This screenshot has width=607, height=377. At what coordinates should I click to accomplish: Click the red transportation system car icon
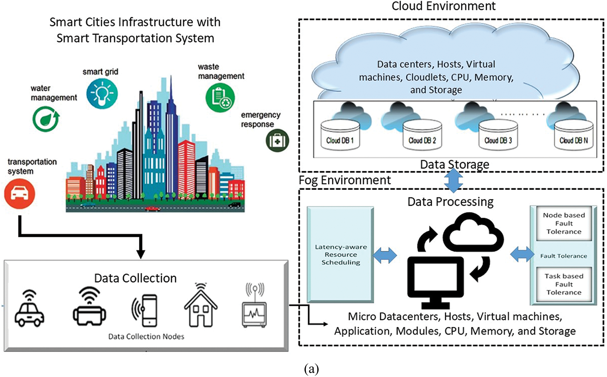click(x=19, y=193)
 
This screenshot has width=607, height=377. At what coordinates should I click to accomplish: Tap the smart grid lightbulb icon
click(x=102, y=94)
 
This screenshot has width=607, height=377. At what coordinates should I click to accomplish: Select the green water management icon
click(x=45, y=119)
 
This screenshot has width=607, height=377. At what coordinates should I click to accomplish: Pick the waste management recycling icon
click(x=220, y=98)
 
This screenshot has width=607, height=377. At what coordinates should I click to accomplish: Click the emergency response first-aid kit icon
click(x=277, y=141)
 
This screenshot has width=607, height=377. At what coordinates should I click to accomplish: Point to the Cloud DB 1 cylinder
click(x=340, y=135)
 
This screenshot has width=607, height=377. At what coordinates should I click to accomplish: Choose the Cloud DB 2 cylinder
click(x=422, y=135)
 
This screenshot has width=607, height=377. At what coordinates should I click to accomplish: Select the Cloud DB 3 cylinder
click(x=498, y=135)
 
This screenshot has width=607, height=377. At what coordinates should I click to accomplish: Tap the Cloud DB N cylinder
click(x=573, y=135)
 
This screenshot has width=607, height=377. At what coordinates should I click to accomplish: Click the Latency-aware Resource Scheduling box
click(x=340, y=254)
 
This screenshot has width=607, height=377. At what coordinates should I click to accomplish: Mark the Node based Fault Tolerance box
click(x=564, y=223)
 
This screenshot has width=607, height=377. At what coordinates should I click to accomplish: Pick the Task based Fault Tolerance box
click(x=564, y=284)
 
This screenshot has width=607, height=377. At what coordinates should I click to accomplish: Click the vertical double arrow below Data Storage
click(x=453, y=180)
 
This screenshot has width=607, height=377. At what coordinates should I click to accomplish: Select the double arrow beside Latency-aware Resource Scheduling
click(x=384, y=255)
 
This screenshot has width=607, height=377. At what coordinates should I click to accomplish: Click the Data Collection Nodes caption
click(x=146, y=336)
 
